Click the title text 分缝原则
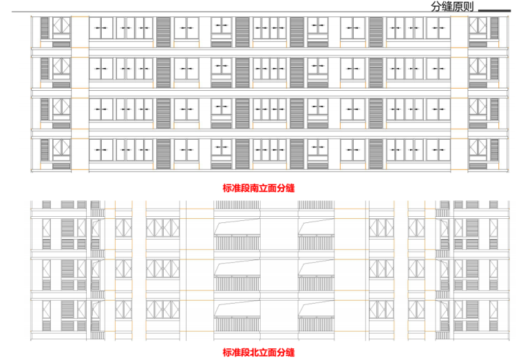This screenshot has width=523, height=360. pos(451,8)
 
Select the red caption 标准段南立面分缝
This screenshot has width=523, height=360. pos(254,187)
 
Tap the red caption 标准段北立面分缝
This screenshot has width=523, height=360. pos(258,352)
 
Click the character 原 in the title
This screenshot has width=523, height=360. pos(457,8)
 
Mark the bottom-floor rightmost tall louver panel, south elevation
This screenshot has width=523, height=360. pos(495,153)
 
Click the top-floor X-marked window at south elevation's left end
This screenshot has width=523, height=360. pos(61,28)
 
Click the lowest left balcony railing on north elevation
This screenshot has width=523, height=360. pos(237,325)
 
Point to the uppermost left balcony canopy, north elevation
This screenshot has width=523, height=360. pos(237,226)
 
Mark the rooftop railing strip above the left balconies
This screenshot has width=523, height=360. pos(237,205)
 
